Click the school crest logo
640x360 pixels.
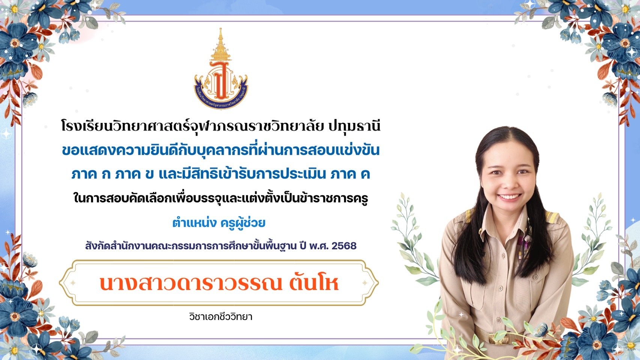pyautogui.click(x=221, y=69)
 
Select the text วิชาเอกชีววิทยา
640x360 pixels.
pyautogui.click(x=221, y=317)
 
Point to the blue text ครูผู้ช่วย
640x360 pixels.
pyautogui.click(x=243, y=223)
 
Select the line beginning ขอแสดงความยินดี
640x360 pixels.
pyautogui.click(x=221, y=151)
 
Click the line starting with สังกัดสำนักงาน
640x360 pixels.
pyautogui.click(x=221, y=246)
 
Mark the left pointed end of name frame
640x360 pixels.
pyautogui.click(x=60, y=283)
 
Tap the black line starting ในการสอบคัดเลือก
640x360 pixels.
pyautogui.click(x=221, y=199)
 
